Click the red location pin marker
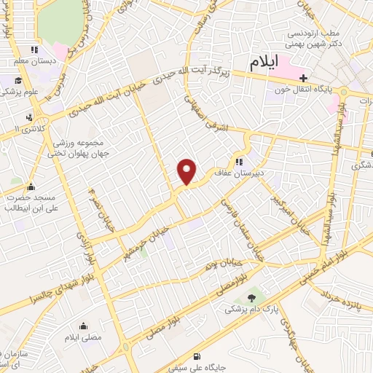coord(188,171)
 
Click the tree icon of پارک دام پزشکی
coord(253,297)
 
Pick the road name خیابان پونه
coord(222,261)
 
